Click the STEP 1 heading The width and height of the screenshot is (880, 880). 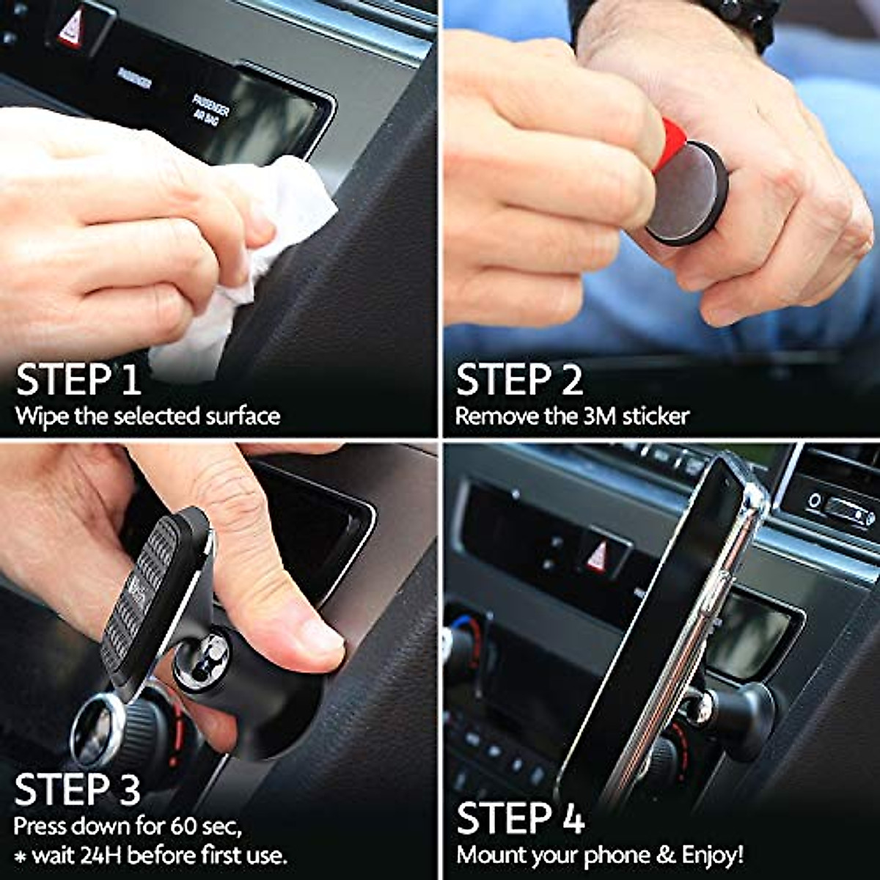coord(78,380)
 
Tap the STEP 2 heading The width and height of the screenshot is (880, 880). coord(519,380)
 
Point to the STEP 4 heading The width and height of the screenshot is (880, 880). coord(521,818)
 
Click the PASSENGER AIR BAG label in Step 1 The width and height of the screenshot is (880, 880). coord(210,111)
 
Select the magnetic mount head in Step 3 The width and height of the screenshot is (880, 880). coord(147,594)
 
